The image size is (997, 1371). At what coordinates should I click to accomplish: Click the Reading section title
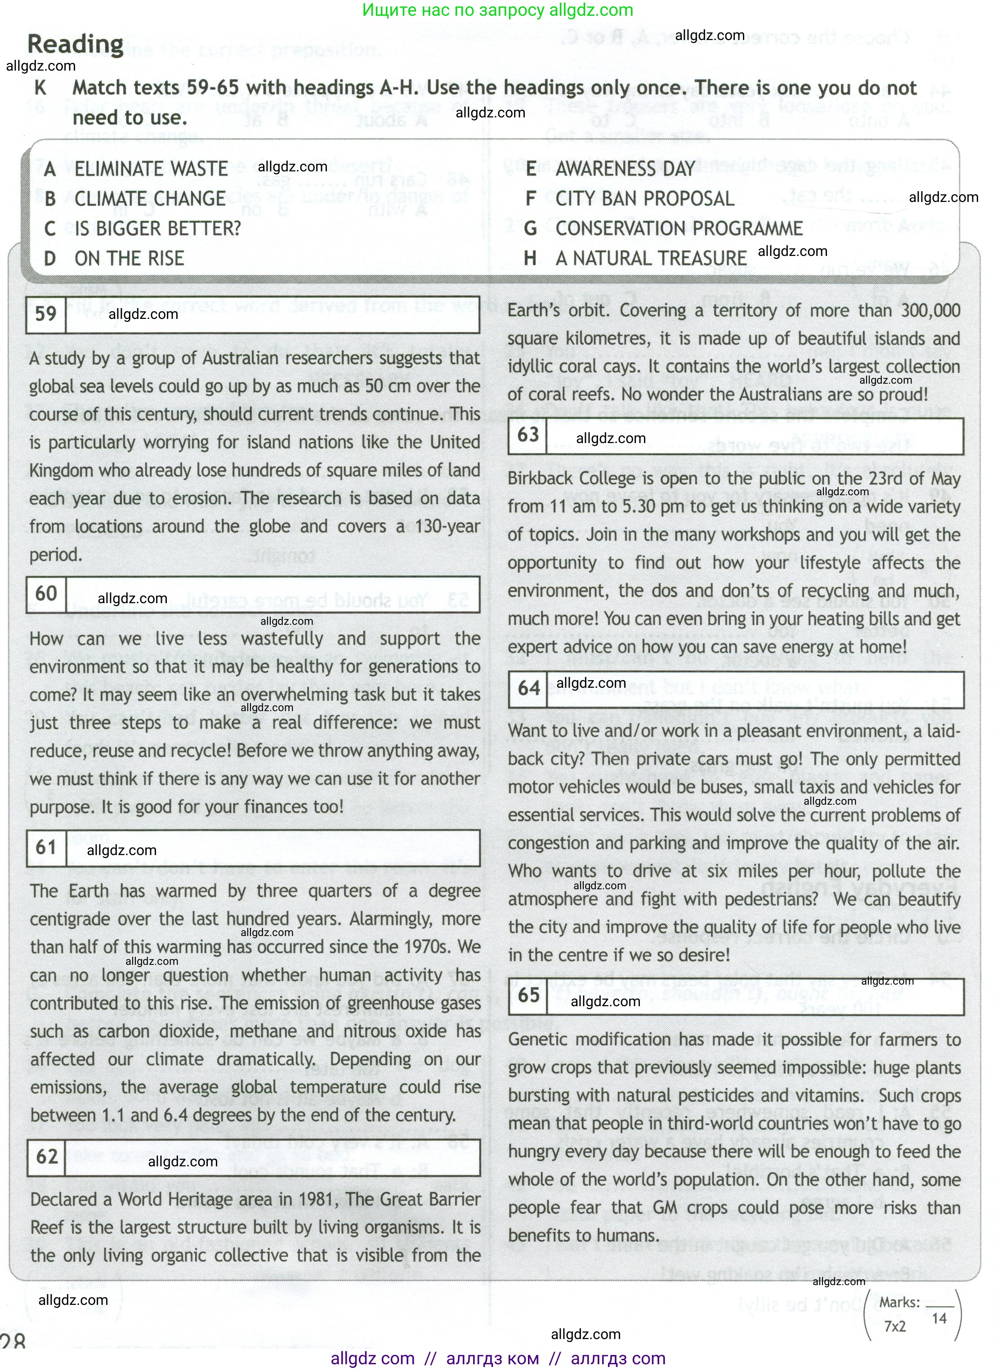pyautogui.click(x=76, y=44)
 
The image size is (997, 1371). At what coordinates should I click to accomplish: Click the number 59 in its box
pyautogui.click(x=46, y=314)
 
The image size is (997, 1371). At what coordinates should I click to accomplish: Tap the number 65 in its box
pyautogui.click(x=528, y=995)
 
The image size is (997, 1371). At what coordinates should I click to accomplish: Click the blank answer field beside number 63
pyautogui.click(x=756, y=436)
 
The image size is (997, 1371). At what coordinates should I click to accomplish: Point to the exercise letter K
pyautogui.click(x=40, y=88)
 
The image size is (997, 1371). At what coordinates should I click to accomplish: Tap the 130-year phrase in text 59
pyautogui.click(x=447, y=527)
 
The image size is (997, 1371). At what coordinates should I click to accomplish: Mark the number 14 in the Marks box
pyautogui.click(x=939, y=1318)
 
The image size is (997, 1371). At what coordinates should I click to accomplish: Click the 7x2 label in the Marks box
pyautogui.click(x=894, y=1326)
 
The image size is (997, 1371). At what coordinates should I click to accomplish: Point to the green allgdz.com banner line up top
pyautogui.click(x=498, y=10)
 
